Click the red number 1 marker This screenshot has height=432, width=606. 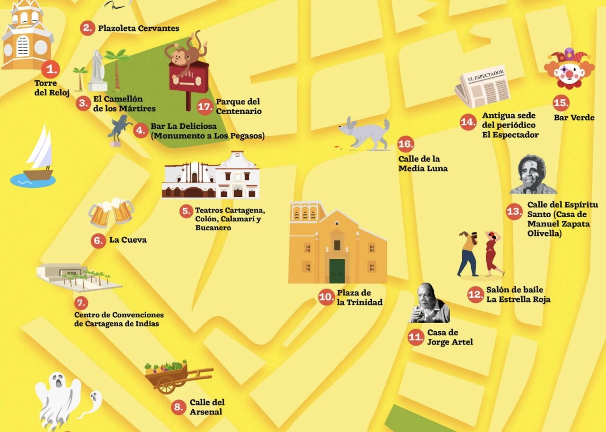[x=50, y=70]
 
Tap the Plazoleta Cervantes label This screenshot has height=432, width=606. [x=138, y=28]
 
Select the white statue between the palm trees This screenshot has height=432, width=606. [x=98, y=71]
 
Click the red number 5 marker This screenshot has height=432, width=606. [x=186, y=211]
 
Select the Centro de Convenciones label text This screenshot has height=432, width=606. [x=118, y=319]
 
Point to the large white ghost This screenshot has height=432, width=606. [x=58, y=400]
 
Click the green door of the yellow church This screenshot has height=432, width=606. [x=337, y=271]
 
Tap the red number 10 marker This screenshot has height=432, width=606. [x=327, y=297]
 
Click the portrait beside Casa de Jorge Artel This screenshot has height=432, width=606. [x=429, y=304]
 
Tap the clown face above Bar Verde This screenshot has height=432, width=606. [x=569, y=69]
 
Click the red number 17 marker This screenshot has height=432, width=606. [x=205, y=106]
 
